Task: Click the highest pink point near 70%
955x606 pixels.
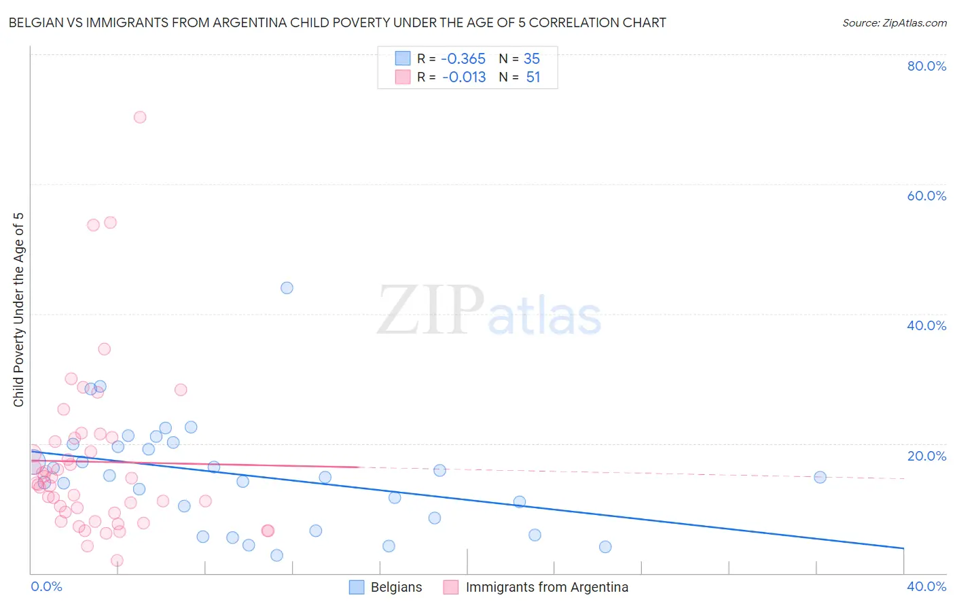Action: click(x=140, y=117)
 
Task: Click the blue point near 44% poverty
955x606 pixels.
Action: click(x=287, y=288)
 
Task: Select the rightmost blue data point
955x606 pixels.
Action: click(x=820, y=477)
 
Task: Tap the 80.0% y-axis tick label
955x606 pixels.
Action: click(x=926, y=66)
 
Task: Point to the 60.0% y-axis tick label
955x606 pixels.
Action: click(x=926, y=196)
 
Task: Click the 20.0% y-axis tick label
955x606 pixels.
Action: click(x=926, y=456)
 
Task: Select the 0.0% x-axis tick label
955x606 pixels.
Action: click(x=46, y=586)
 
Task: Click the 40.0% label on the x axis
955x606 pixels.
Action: click(x=926, y=586)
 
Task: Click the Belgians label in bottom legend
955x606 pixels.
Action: click(x=396, y=587)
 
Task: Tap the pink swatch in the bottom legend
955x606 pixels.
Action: click(x=451, y=587)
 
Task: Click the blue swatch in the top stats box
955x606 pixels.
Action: click(x=403, y=58)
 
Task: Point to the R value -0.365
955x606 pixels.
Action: click(x=463, y=58)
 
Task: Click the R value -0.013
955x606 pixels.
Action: click(x=464, y=77)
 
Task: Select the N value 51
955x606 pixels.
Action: click(x=533, y=77)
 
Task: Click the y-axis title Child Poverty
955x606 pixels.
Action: click(x=18, y=310)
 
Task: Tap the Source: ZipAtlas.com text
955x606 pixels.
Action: click(x=894, y=22)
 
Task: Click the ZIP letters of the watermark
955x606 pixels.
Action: click(x=430, y=310)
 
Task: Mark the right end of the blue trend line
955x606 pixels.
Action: click(x=903, y=548)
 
